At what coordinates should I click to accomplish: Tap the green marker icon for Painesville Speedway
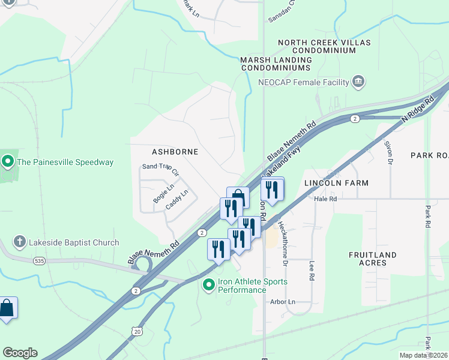tap(8, 161)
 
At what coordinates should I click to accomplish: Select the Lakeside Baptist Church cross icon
tap(20, 242)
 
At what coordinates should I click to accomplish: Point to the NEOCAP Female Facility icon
tap(359, 82)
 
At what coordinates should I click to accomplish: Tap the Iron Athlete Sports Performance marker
tap(209, 286)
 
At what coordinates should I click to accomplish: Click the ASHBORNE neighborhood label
tap(175, 152)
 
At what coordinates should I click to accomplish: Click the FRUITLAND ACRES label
tap(373, 259)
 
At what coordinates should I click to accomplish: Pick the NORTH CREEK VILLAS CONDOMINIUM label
tap(325, 47)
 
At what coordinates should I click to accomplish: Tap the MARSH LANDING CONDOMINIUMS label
tap(276, 64)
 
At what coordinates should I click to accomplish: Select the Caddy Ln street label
tap(178, 200)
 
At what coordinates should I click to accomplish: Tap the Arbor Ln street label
tap(283, 302)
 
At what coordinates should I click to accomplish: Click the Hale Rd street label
tap(325, 199)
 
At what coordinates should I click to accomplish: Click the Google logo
tap(20, 353)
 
